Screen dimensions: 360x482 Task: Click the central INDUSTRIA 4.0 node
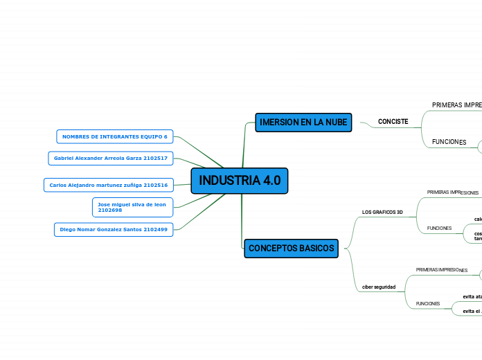pos(240,181)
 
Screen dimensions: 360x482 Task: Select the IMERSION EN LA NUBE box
pos(303,122)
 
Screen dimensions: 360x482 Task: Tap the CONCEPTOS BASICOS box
pos(291,248)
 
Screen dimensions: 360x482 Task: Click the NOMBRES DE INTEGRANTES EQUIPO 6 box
pos(114,136)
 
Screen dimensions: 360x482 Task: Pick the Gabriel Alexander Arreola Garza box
pos(110,159)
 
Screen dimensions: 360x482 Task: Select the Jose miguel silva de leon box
pos(132,207)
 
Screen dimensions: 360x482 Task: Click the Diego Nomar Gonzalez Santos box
pos(113,229)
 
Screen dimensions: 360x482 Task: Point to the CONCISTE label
pos(393,122)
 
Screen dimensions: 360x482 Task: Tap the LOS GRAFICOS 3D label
pos(382,212)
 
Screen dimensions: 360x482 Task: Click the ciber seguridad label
pos(379,287)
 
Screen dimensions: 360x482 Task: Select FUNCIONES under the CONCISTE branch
pos(449,142)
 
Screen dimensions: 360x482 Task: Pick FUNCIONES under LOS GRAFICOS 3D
pos(439,228)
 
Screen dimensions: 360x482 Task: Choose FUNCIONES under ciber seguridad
pos(427,304)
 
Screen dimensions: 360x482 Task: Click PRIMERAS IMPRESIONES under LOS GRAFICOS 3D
pos(452,192)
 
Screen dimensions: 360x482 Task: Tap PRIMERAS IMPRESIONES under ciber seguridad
pos(441,269)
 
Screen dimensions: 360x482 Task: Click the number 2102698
pos(110,210)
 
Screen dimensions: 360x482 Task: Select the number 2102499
pos(155,229)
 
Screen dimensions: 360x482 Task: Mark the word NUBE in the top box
pos(334,122)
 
